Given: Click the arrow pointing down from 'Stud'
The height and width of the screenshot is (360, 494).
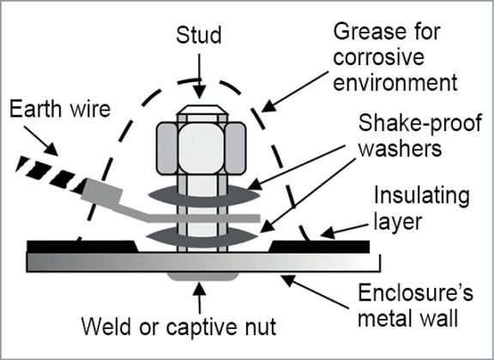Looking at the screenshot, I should [x=199, y=72].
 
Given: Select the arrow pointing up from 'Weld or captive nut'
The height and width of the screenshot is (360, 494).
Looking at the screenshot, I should [x=199, y=297].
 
